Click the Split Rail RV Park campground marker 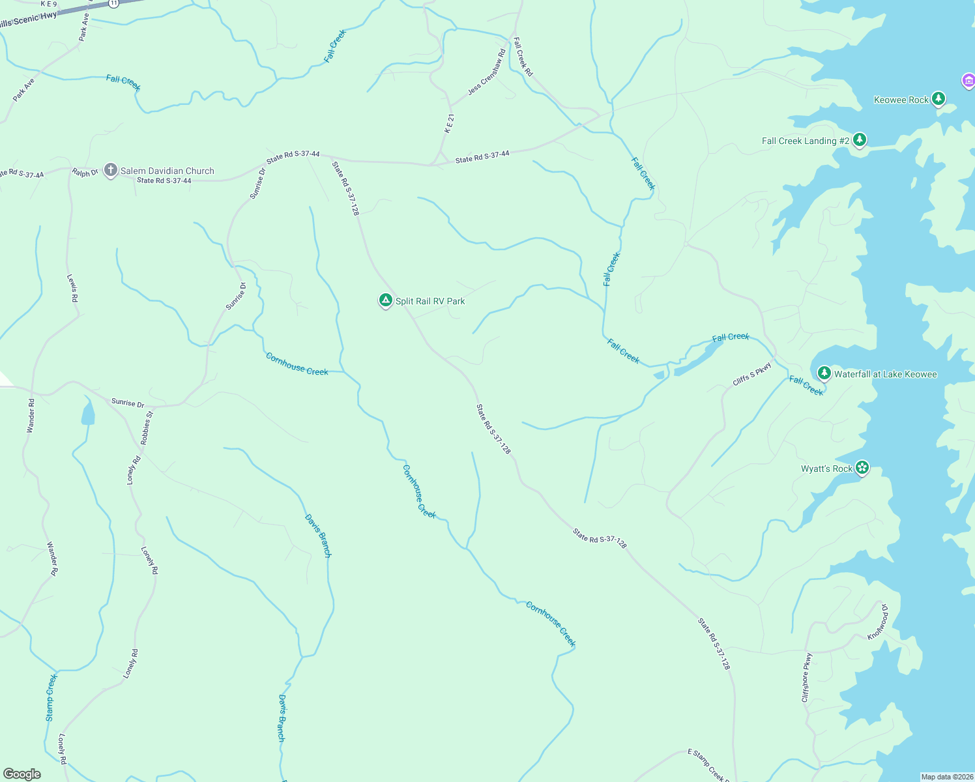[385, 300]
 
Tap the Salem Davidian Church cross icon [110, 170]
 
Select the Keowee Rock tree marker [938, 99]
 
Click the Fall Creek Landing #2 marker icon [860, 139]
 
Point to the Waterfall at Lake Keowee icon [824, 373]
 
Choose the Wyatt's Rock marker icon [862, 467]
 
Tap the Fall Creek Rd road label [523, 57]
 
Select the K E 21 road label [449, 123]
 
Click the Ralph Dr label [85, 173]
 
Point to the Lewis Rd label [72, 287]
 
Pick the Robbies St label [147, 427]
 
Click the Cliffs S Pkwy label [752, 373]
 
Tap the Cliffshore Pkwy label [807, 678]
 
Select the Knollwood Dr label [877, 622]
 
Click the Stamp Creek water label [51, 697]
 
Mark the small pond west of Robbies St [87, 413]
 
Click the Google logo [22, 774]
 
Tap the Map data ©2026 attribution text [946, 777]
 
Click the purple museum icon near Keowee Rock [968, 81]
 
